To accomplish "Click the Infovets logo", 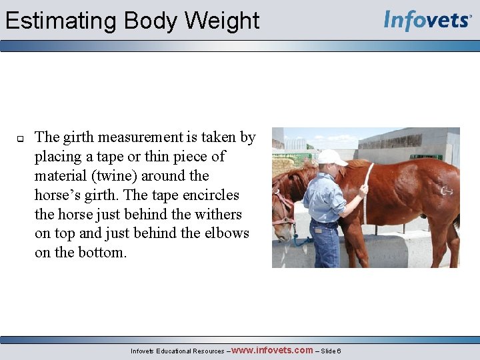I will coord(427,21).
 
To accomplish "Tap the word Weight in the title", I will coord(222,21).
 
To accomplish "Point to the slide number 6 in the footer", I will coord(339,351).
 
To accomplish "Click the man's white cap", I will coord(331,157).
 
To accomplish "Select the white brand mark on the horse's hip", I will coord(446,191).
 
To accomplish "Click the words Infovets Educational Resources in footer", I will coord(177,351).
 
